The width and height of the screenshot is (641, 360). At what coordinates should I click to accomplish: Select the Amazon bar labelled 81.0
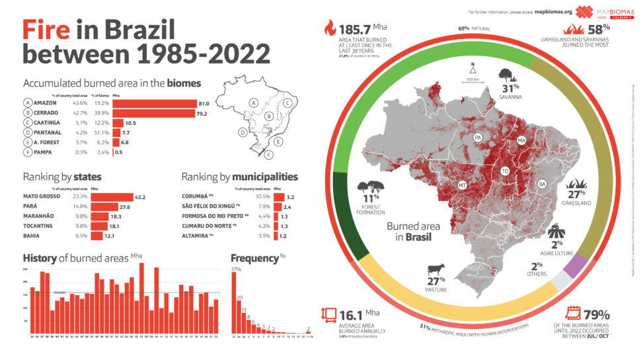[x=155, y=103]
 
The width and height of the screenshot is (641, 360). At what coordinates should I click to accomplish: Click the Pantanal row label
[x=48, y=133]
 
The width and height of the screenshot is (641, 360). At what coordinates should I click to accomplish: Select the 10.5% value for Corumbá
[x=263, y=197]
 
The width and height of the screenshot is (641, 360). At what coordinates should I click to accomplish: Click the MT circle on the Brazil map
[x=463, y=185]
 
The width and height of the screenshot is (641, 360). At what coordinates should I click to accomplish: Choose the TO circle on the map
[x=505, y=170]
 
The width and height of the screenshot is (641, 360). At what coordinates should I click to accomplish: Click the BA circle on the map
[x=542, y=183]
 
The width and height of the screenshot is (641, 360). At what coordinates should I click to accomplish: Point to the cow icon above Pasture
[x=436, y=270]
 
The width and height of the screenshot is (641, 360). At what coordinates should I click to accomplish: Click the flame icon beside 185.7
[x=328, y=28]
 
